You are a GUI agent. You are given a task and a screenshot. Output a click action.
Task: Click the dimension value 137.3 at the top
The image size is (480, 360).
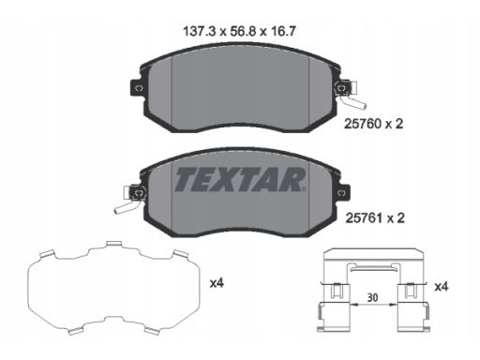[200, 31]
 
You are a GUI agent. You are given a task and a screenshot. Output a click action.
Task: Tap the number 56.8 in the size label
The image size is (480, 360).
[243, 31]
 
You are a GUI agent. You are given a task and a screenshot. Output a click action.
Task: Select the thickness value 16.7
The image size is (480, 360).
[282, 31]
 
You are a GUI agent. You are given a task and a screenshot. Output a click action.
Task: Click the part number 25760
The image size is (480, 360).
[363, 124]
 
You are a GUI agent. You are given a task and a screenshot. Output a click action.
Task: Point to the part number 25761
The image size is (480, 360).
[364, 217]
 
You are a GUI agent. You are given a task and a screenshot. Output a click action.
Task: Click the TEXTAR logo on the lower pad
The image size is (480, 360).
[240, 179]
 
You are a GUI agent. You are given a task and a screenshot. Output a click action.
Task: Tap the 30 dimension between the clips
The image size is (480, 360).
[372, 297]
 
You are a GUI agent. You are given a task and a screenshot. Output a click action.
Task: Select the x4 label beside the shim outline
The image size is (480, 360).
[217, 283]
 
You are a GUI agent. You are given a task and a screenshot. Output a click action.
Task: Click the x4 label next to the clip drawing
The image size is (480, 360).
[442, 286]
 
